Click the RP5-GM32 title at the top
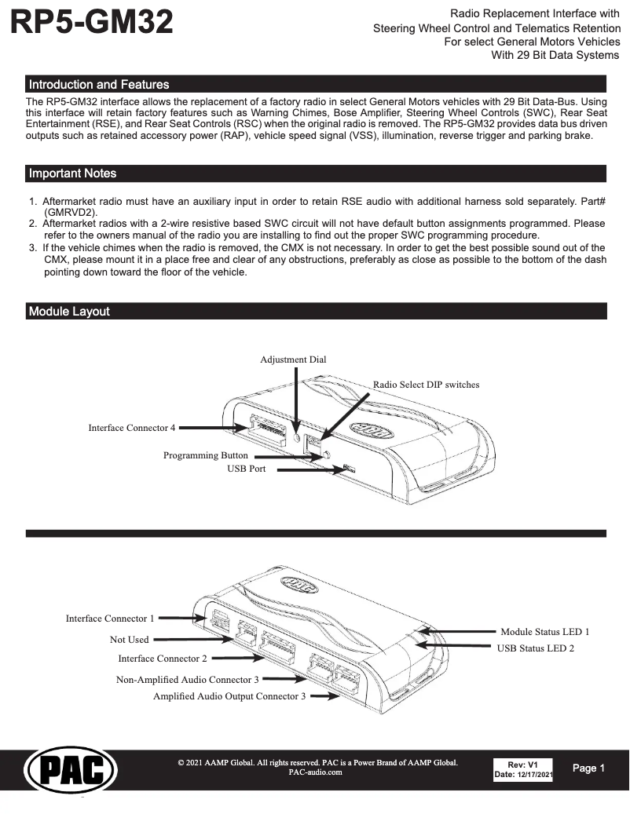tap(91, 22)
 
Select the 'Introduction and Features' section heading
tap(99, 84)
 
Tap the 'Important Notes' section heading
tap(72, 173)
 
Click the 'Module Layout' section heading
tap(69, 312)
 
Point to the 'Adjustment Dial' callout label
tap(293, 360)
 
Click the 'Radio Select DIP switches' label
tap(426, 385)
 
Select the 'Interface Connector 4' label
tap(131, 428)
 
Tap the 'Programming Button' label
tap(205, 455)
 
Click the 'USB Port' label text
tap(246, 469)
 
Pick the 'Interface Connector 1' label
tap(110, 619)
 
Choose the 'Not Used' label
tap(129, 640)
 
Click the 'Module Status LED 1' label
tap(544, 631)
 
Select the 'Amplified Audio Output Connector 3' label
tap(229, 696)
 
